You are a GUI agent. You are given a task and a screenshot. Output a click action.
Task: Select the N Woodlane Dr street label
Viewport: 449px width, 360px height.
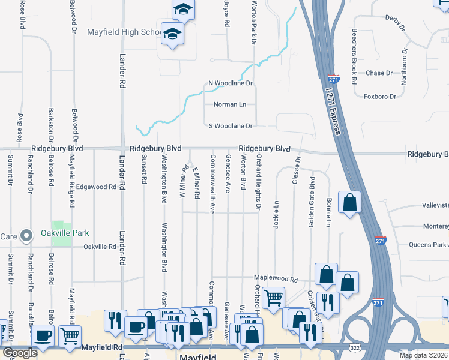230,83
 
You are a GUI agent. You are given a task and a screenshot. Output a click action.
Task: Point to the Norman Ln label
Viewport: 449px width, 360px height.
231,104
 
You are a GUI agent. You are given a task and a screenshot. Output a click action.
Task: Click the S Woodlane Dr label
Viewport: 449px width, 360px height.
230,126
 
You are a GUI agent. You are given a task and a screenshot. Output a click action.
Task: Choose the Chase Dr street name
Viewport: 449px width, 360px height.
379,73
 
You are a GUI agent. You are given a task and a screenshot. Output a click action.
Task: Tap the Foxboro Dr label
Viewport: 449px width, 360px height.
380,96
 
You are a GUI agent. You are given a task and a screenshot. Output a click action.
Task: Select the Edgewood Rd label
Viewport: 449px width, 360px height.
96,187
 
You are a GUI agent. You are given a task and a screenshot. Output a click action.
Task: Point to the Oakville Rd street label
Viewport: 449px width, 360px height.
100,247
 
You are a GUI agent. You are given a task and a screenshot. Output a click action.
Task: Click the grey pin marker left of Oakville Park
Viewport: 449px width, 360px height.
26,236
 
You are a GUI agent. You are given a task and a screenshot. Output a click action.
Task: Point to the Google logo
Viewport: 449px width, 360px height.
20,353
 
